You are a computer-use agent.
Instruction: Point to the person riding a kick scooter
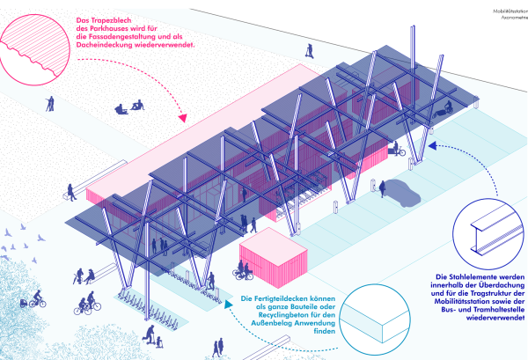(x=150, y=335)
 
